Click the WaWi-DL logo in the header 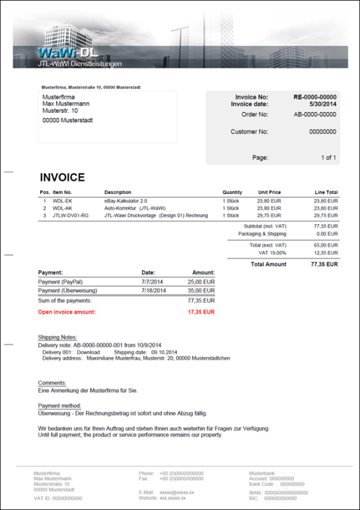pos(66,53)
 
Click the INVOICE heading pos(62,177)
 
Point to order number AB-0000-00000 pos(315,115)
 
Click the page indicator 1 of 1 pos(328,157)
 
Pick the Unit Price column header pos(269,192)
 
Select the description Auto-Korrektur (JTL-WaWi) pos(135,208)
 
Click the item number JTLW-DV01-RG pos(71,215)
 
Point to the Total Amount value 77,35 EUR pos(324,263)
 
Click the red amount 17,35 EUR pos(201,312)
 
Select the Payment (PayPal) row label pos(60,282)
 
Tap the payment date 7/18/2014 pos(154,291)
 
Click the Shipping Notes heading pos(57,337)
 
